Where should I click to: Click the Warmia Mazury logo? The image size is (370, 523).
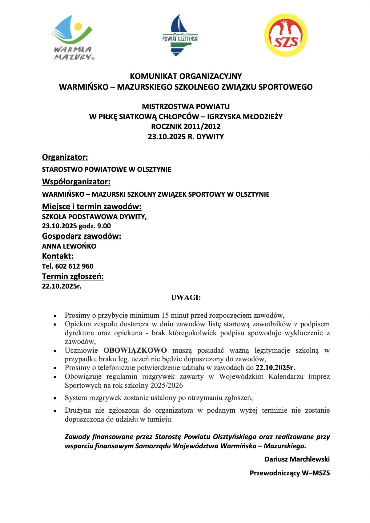[73, 37]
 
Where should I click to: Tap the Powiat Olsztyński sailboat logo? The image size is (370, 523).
[180, 35]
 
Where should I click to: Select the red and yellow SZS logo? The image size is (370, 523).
[286, 35]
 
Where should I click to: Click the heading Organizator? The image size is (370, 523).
[65, 157]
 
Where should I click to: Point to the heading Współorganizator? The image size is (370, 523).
[76, 182]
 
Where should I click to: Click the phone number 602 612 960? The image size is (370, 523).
[74, 266]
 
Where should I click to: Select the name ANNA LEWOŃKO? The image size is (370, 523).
[69, 246]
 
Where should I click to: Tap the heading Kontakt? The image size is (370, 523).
[58, 256]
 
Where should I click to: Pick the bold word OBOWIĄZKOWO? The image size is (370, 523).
[135, 350]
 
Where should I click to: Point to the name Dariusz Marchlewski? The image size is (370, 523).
[297, 459]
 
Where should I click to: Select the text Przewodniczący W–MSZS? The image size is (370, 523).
[290, 473]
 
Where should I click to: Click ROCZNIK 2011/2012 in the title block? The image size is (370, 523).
[186, 126]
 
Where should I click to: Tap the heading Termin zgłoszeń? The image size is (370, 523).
[73, 277]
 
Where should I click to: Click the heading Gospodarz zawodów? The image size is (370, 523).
[82, 236]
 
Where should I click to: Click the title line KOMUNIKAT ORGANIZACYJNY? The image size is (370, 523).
[186, 76]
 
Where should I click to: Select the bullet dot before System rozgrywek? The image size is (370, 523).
[55, 399]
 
